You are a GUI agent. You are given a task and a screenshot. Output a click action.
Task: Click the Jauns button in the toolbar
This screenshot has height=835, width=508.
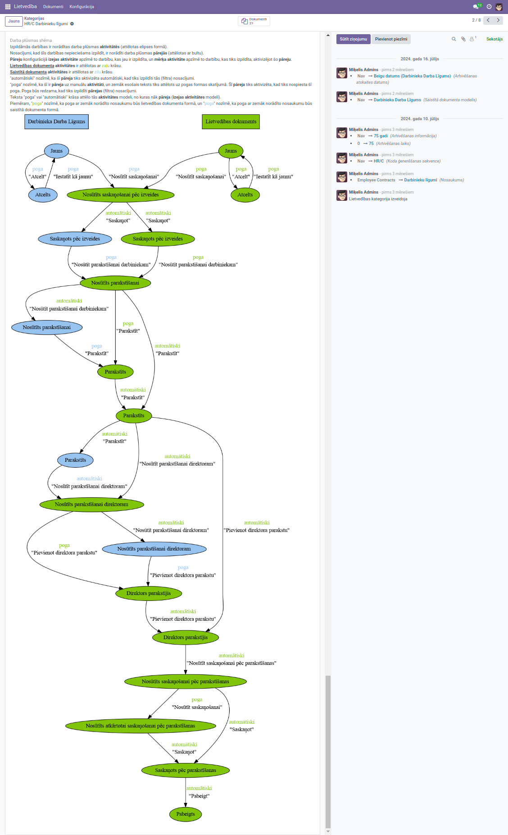(14, 21)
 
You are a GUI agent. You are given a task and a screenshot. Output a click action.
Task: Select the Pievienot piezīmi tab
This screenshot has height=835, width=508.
(391, 39)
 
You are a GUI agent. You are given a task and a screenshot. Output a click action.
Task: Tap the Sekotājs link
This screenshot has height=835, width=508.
(494, 39)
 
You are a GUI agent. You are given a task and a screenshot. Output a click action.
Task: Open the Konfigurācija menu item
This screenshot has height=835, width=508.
(82, 7)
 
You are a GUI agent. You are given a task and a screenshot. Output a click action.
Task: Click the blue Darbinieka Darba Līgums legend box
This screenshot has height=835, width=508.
(56, 122)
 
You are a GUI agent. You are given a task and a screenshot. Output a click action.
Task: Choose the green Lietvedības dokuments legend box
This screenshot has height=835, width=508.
(231, 122)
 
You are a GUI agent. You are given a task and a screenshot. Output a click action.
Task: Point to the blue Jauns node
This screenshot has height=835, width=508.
(56, 151)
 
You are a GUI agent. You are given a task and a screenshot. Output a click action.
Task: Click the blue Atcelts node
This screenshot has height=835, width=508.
(43, 195)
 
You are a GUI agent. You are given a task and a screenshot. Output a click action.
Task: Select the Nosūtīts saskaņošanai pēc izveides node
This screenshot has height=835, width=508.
(120, 195)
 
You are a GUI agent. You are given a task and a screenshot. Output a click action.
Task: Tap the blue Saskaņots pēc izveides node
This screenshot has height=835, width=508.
(75, 239)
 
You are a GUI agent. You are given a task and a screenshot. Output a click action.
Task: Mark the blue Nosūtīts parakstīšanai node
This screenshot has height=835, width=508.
(46, 327)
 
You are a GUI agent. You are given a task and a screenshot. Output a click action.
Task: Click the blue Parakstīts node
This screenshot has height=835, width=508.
(75, 460)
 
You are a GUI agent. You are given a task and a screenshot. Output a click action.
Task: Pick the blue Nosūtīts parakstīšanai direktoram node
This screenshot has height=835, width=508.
(154, 549)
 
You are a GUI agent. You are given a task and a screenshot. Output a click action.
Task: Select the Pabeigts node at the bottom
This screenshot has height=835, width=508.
(186, 814)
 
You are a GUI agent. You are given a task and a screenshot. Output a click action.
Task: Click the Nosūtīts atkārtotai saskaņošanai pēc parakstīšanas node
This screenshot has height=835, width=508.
(141, 726)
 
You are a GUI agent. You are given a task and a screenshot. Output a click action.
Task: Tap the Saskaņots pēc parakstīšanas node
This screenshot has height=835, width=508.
(186, 770)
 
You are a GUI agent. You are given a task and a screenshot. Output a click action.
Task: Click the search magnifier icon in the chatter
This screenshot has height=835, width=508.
(454, 39)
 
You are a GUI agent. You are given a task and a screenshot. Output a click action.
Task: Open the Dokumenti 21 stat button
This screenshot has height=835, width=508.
(254, 21)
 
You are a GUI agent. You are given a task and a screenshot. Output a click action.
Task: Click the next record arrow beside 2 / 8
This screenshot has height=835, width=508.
(498, 20)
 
